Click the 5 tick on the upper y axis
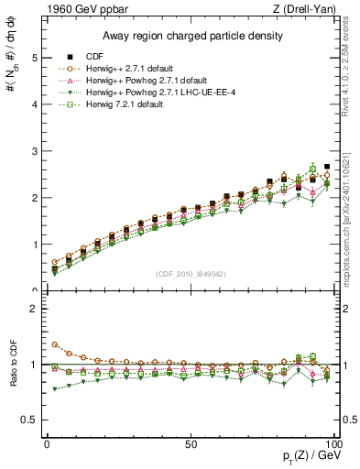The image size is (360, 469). click(35, 58)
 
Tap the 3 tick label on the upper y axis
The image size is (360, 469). click(35, 151)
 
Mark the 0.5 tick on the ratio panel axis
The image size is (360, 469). click(31, 420)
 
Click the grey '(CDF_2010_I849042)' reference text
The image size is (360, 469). click(188, 273)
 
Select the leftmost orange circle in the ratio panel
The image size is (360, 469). click(54, 345)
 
